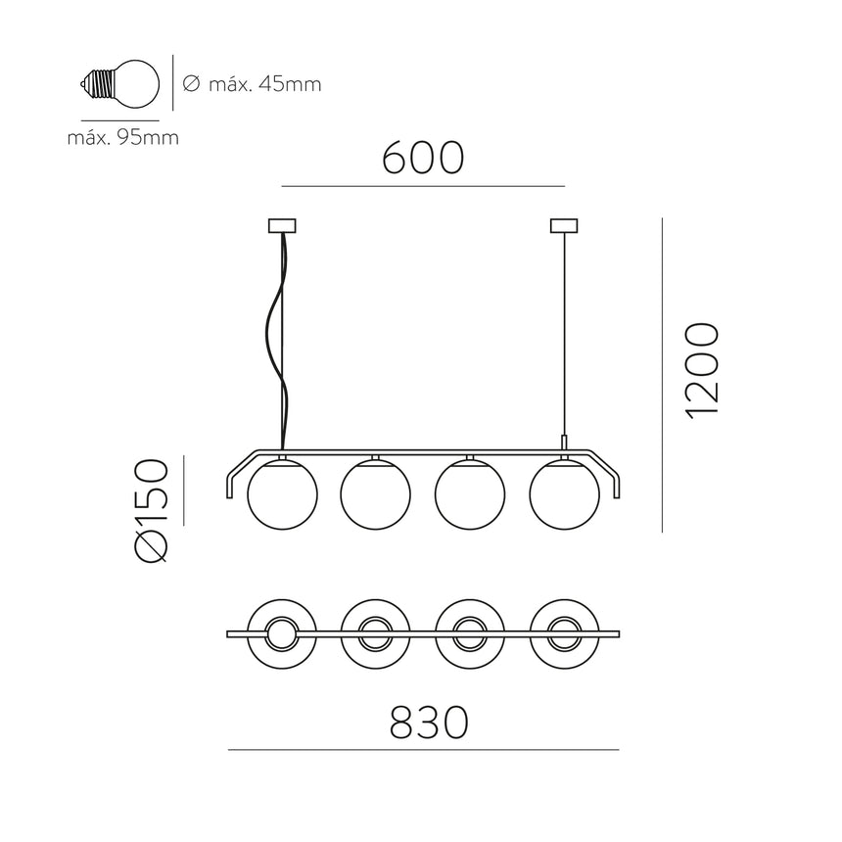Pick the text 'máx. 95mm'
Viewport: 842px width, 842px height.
tap(122, 137)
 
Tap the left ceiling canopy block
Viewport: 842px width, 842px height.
tap(281, 226)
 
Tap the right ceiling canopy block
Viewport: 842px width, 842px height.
tap(564, 226)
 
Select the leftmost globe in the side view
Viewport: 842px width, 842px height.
tap(280, 495)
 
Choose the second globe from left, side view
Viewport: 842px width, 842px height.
tap(374, 495)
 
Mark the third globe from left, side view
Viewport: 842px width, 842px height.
tap(469, 495)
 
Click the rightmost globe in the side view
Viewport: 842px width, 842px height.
tap(563, 495)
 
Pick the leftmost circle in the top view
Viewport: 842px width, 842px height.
tap(280, 634)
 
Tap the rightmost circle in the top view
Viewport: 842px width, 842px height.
tap(563, 634)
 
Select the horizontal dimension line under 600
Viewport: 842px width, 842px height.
tap(423, 186)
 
